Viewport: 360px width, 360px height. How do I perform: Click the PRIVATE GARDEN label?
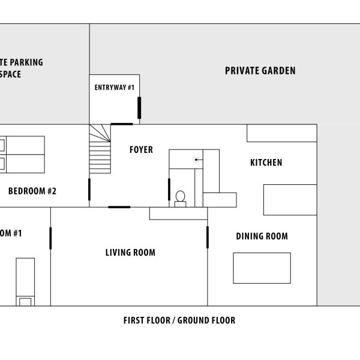(x=260, y=71)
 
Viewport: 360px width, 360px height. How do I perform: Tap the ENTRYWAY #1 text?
(x=114, y=88)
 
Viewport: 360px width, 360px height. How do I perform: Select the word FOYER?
(x=141, y=150)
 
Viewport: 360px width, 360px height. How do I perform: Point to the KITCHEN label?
(x=266, y=163)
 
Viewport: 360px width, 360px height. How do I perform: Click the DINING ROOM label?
(x=262, y=236)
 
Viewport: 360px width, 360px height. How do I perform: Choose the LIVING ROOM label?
(x=130, y=253)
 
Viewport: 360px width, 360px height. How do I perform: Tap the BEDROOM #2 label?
(x=32, y=192)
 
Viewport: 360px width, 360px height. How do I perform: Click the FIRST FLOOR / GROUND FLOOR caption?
(x=179, y=320)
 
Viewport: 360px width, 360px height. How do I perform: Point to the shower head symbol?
(x=196, y=159)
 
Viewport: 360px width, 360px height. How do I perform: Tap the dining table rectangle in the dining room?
(x=262, y=268)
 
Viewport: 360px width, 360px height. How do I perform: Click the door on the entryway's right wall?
(x=139, y=107)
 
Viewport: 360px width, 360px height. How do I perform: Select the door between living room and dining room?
(x=208, y=237)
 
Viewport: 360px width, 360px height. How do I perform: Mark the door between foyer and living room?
(x=119, y=207)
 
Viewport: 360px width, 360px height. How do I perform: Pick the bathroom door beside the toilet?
(x=169, y=189)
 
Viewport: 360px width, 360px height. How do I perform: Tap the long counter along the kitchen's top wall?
(x=281, y=133)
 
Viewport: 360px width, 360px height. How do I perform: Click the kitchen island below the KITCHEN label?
(x=290, y=200)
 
